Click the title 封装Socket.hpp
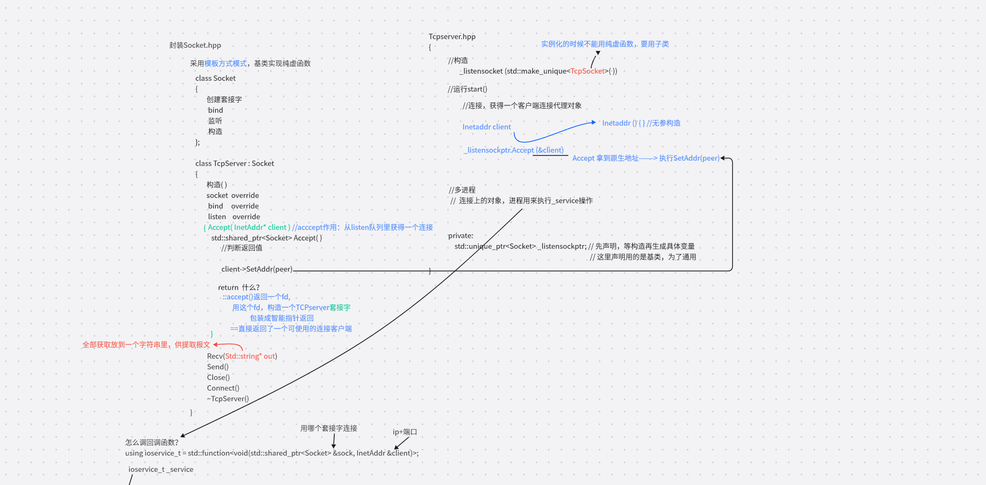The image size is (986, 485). click(x=195, y=45)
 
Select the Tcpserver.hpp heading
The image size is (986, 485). click(x=452, y=37)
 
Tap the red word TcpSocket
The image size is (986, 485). click(x=588, y=71)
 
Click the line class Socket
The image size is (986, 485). click(x=215, y=78)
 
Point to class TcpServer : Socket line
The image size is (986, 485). click(x=235, y=163)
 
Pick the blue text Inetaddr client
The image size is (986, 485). click(x=486, y=127)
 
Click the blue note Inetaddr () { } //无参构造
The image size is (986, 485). click(x=641, y=123)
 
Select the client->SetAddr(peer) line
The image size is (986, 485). click(x=257, y=269)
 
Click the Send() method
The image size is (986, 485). click(x=218, y=367)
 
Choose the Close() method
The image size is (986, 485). click(x=218, y=378)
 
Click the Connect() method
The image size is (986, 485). click(x=223, y=388)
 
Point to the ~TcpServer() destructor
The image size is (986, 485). click(x=227, y=399)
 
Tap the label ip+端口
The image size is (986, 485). click(x=404, y=432)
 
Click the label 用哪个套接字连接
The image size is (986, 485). click(x=329, y=429)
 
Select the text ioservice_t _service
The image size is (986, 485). click(x=161, y=470)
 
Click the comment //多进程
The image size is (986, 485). click(x=462, y=190)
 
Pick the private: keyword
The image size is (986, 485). click(x=460, y=236)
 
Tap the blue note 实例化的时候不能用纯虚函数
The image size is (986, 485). click(x=604, y=44)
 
